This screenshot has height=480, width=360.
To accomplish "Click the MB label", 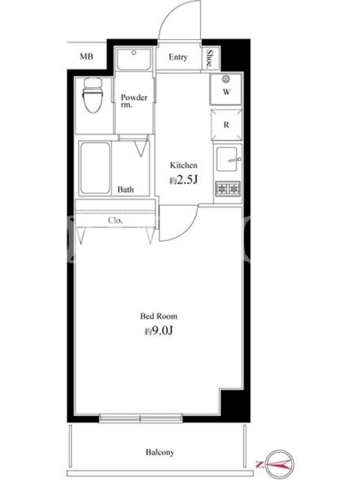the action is [x=86, y=56].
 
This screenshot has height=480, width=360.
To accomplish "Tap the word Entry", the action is [x=178, y=57].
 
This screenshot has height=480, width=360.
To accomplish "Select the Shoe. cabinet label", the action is [x=209, y=58].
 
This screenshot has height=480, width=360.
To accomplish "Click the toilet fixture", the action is [x=92, y=95].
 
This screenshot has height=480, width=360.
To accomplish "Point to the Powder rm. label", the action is [x=134, y=101].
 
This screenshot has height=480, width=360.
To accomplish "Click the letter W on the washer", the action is [x=227, y=92].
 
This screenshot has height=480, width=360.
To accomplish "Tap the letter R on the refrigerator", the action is [x=226, y=125].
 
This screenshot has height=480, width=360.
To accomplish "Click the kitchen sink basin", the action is [x=227, y=159].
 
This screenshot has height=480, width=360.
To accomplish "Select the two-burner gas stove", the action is [x=228, y=188].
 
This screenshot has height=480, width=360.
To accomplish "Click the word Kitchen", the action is [x=184, y=166].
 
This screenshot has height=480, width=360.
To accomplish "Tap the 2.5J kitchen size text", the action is [x=184, y=181].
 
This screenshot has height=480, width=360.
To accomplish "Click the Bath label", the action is [x=125, y=190].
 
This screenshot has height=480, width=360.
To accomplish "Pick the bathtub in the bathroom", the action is [x=95, y=168].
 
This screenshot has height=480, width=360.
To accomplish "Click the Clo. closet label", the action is [x=115, y=220].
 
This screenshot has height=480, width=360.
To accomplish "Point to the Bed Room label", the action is [x=158, y=316].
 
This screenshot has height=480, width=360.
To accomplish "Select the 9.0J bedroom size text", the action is [x=159, y=331].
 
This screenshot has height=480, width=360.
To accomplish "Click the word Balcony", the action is [x=160, y=452].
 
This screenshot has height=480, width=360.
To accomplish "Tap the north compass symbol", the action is [x=277, y=464].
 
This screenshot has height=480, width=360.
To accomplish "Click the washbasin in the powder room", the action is [x=134, y=58].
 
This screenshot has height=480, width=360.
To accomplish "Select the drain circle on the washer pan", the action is [x=226, y=79].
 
